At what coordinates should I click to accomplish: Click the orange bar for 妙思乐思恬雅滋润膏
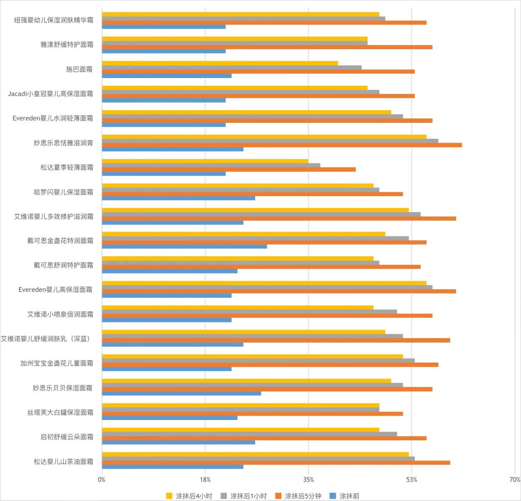(x=282, y=145)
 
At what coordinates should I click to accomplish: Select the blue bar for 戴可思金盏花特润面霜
(x=184, y=247)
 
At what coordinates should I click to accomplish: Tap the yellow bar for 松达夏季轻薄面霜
(x=205, y=161)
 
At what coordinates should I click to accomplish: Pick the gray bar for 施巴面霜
(x=232, y=67)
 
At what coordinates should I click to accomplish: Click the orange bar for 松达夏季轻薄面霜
(x=229, y=170)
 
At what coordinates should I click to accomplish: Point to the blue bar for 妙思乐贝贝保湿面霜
(x=181, y=394)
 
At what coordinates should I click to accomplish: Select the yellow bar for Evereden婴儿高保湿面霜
(x=264, y=283)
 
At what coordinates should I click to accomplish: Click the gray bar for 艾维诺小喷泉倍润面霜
(x=249, y=312)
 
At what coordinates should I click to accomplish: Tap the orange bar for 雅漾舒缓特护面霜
(x=267, y=47)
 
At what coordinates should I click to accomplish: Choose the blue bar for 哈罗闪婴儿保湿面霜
(x=178, y=198)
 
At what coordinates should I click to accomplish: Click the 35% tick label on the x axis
(x=308, y=479)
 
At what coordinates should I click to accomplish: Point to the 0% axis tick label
(x=102, y=479)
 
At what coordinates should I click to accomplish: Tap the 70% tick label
(x=515, y=479)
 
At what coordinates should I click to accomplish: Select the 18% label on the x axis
(x=205, y=479)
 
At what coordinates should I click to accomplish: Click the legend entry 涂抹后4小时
(x=189, y=496)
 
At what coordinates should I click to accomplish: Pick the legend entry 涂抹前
(x=344, y=496)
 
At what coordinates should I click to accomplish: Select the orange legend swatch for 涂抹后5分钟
(x=278, y=496)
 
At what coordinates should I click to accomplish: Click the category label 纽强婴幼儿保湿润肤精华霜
(x=54, y=20)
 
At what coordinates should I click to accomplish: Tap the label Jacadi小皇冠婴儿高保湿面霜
(x=51, y=94)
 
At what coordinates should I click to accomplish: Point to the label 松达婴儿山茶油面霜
(x=64, y=461)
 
